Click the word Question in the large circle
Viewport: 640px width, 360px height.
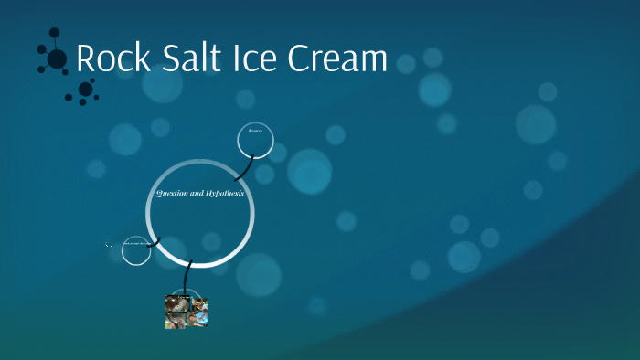pos(173,195)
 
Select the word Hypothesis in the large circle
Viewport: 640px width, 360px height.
pos(222,195)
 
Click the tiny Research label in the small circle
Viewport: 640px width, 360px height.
pos(255,132)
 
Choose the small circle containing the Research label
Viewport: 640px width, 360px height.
pos(255,140)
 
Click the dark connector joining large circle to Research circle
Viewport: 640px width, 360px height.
pos(242,169)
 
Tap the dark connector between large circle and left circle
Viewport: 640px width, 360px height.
pos(154,242)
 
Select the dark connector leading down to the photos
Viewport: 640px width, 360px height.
pos(188,278)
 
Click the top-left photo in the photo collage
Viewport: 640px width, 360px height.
pos(177,304)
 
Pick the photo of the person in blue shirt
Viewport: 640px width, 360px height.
pos(199,318)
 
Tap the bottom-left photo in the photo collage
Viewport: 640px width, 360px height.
pos(176,320)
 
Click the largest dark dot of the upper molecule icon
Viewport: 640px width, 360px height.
pos(57,59)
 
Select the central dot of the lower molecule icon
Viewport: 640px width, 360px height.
pos(85,89)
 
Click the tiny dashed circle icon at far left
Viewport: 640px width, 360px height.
pos(109,244)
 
